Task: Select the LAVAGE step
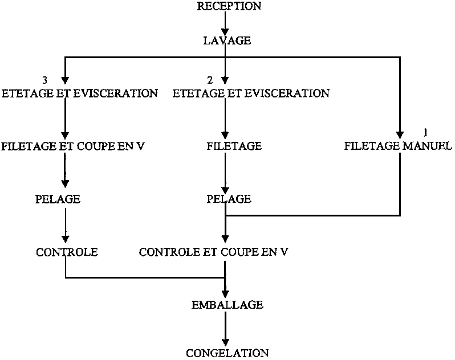227,41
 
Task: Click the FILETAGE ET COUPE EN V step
73,146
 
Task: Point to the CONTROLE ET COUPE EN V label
214,252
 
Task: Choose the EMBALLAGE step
227,305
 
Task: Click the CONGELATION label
227,353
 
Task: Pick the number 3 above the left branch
45,80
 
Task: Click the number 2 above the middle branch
209,80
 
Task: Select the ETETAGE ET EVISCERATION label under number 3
80,93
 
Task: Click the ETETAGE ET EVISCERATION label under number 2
251,93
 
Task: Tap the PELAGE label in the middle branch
228,199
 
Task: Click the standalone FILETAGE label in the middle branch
234,146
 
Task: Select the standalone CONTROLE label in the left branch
67,252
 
